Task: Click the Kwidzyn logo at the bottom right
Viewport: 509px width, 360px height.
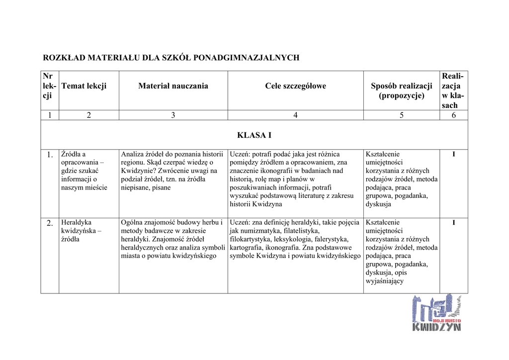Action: pos(436,313)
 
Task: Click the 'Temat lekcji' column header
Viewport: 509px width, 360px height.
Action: pos(84,86)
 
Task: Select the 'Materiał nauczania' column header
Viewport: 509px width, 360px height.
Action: pos(173,86)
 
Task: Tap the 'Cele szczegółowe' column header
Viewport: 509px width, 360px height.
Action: pos(295,86)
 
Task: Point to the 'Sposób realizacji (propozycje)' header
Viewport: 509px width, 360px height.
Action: pos(401,90)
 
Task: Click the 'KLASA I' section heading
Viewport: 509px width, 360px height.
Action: pos(254,135)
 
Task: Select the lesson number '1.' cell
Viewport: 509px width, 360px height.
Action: pos(50,155)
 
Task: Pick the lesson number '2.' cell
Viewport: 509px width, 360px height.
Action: pos(50,223)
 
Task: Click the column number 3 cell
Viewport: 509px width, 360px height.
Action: pos(173,115)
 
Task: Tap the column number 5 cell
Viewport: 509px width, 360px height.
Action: pos(401,115)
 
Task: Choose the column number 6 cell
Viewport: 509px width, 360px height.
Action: pos(453,115)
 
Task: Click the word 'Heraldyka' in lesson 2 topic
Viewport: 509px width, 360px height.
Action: pos(76,222)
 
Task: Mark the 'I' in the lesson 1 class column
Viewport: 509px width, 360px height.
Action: pos(453,155)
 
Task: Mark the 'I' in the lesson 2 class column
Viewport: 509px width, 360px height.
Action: pos(453,223)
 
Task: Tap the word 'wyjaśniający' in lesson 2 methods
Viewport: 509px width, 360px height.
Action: pos(384,281)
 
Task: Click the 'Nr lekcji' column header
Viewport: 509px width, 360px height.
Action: pos(48,86)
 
